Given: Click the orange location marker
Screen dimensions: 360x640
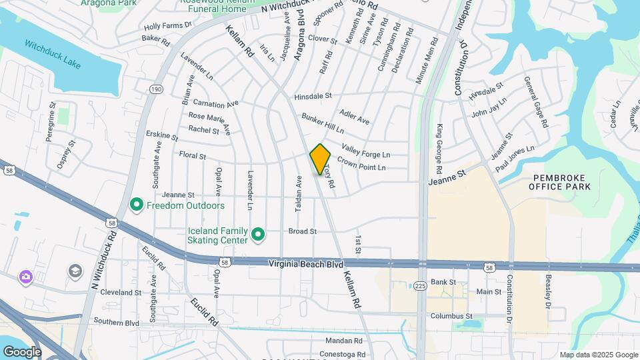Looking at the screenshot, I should coord(320,159).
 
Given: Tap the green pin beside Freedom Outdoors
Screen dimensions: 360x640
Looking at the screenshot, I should coord(137,205).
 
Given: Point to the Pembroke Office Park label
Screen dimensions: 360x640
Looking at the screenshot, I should coord(559,182).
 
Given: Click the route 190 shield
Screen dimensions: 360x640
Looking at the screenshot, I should coord(156,88).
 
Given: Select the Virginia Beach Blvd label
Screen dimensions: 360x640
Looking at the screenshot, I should coord(306,264).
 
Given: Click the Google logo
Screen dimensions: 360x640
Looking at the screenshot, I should coord(22,351).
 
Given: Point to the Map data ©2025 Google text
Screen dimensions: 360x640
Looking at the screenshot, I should coord(598,355).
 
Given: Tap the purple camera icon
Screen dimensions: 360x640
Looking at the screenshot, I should coord(25,276).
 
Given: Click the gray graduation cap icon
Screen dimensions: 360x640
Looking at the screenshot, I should coord(74,270).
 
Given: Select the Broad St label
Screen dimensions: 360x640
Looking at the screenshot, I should coord(302,231).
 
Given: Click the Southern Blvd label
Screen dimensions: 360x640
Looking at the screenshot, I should coord(116,323).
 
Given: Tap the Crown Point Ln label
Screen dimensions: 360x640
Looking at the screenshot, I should coord(361,164).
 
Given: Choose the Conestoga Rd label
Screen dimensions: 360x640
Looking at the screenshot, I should coord(342,355).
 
